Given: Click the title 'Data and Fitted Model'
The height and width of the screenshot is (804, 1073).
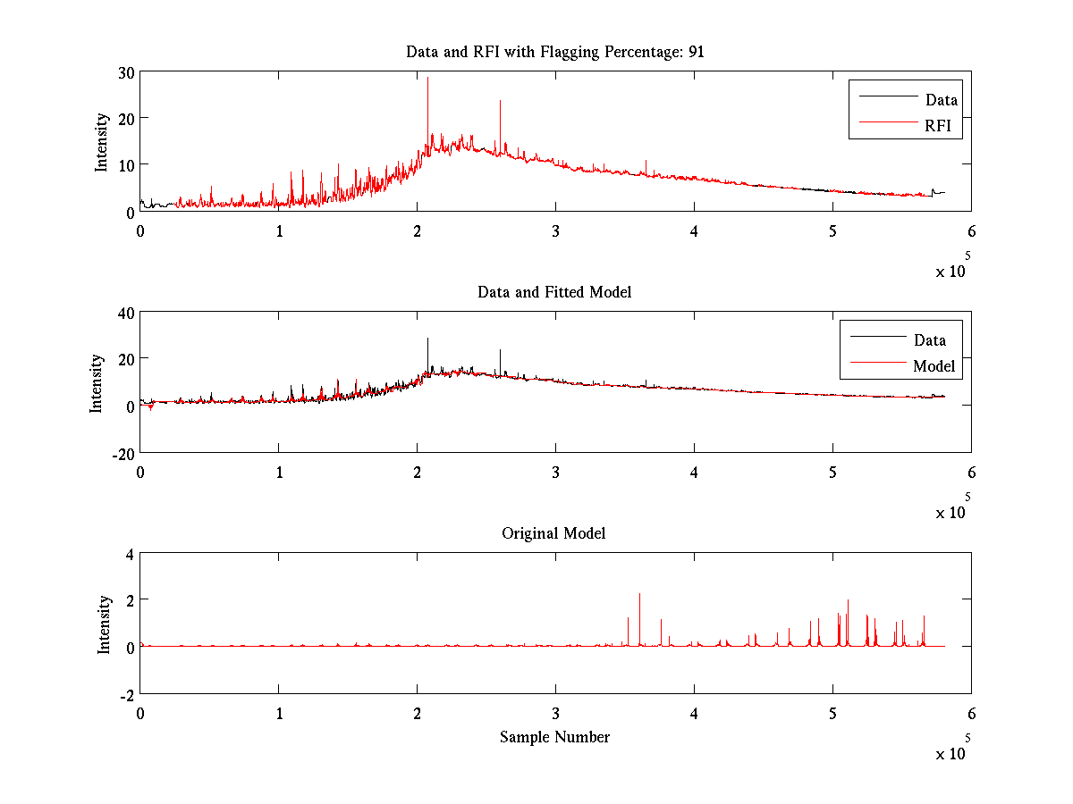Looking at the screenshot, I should (554, 292).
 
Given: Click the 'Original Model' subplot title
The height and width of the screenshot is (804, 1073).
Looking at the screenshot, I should (553, 533).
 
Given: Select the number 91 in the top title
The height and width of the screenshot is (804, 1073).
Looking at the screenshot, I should (696, 51).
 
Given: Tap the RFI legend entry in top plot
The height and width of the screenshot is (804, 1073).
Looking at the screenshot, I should (943, 127).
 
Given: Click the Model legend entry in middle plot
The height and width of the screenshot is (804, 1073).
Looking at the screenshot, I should (934, 365).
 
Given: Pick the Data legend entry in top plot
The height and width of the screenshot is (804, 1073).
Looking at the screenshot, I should (942, 100).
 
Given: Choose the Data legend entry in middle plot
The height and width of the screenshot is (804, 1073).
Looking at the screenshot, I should (929, 339).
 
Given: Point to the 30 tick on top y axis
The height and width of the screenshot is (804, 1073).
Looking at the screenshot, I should (125, 71).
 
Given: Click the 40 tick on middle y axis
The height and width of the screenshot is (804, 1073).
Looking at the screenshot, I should (123, 312).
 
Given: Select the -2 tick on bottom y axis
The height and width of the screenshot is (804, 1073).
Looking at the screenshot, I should (125, 694).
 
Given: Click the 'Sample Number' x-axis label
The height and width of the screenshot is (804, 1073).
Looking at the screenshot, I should (554, 737).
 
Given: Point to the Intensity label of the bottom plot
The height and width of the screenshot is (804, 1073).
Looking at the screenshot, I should (105, 624).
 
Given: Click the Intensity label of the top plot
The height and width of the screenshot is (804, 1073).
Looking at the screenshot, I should (104, 141).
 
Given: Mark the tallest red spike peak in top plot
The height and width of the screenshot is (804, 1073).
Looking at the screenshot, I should (427, 78).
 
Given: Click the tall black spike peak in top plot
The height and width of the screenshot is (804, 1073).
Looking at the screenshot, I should (500, 101).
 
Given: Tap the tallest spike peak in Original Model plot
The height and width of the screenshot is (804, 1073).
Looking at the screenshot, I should (639, 594).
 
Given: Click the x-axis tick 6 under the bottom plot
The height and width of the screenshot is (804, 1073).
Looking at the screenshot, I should (971, 713).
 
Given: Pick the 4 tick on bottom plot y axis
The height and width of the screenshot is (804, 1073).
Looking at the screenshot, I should (129, 553).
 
